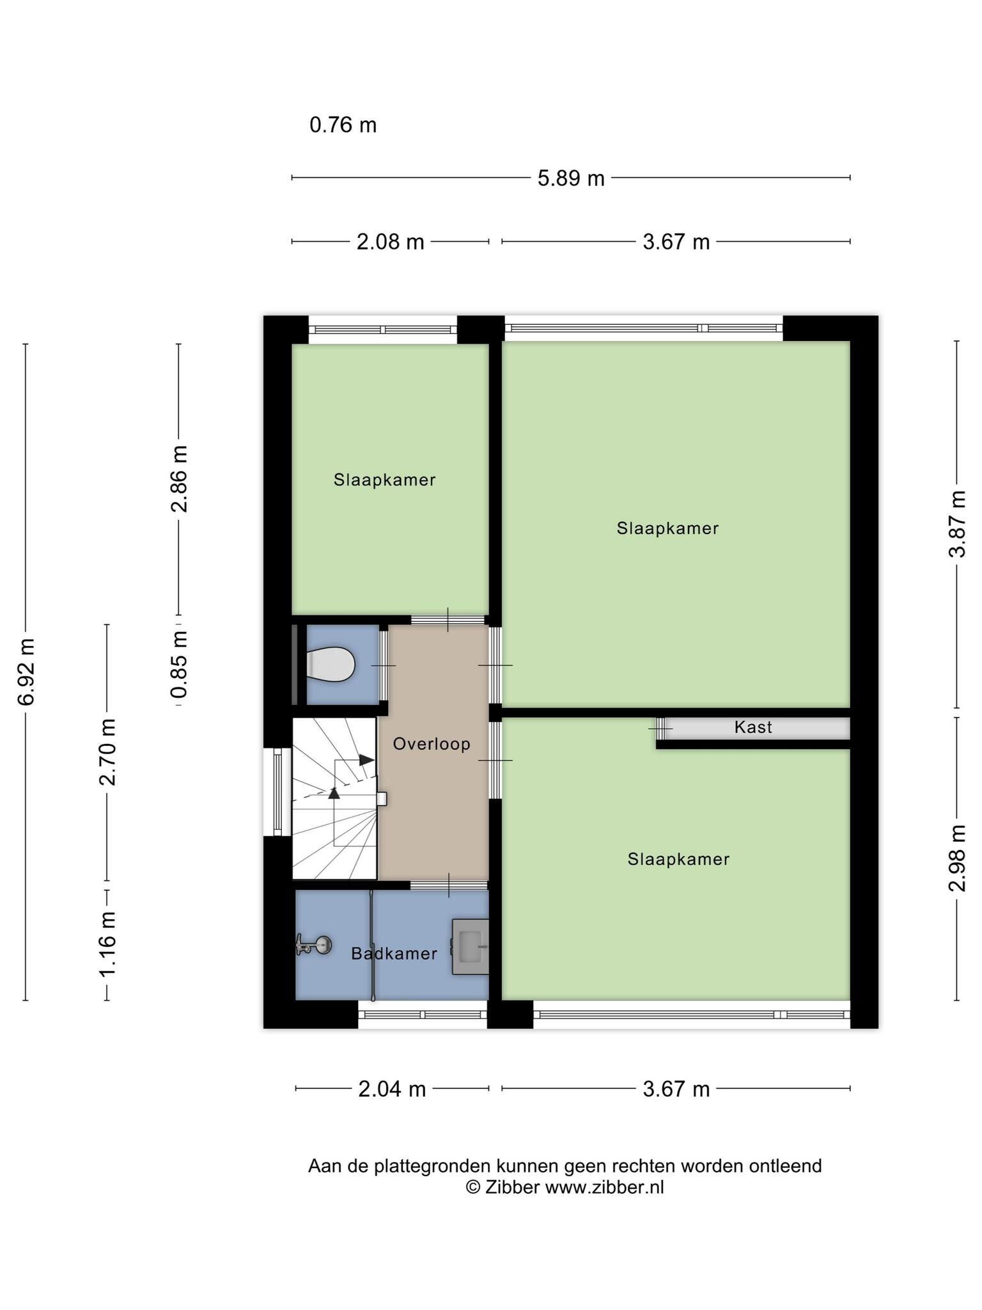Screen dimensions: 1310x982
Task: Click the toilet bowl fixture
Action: point(331,665)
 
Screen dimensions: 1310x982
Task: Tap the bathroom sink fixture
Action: point(471,947)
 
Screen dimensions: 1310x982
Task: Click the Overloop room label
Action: point(432,744)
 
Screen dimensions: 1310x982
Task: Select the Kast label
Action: point(753,727)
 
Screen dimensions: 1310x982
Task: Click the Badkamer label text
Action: point(394,954)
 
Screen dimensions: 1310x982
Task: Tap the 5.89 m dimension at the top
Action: point(571,178)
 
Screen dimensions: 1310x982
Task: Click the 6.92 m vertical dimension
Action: point(26,672)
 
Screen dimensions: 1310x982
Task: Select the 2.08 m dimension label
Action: point(390,242)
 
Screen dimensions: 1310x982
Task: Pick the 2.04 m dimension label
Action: point(392,1089)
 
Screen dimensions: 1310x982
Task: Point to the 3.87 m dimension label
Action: point(957,525)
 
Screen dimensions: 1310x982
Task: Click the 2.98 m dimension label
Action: point(957,858)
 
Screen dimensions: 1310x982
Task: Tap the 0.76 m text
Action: point(343,125)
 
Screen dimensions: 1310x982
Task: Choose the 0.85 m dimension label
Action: point(179,665)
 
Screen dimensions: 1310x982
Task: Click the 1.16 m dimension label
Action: point(107,945)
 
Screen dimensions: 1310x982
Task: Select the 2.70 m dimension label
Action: point(107,752)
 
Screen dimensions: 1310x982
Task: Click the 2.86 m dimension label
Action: point(179,479)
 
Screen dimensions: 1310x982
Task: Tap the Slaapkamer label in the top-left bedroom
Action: point(384,480)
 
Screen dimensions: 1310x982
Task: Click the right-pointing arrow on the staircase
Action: point(366,760)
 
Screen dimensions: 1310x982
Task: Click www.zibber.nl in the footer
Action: point(604,1188)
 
